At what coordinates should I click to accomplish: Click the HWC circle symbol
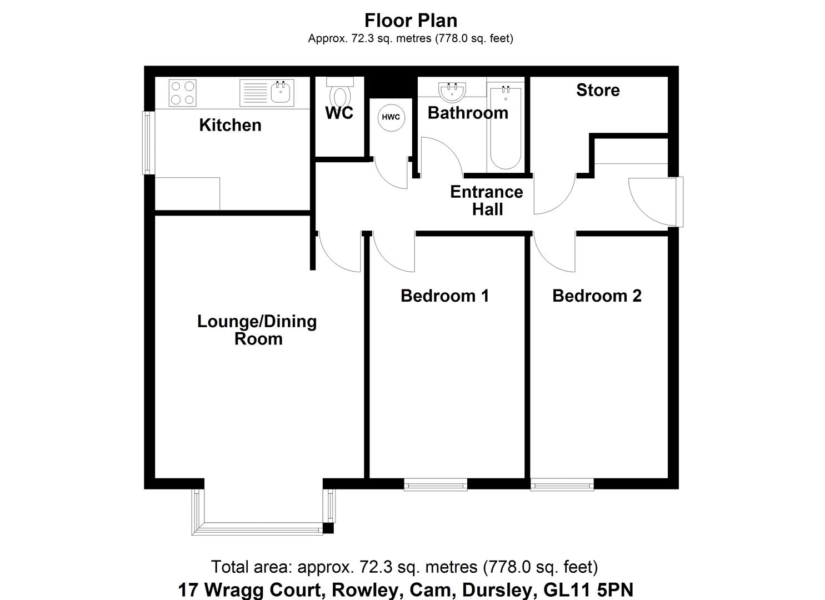pos(391,117)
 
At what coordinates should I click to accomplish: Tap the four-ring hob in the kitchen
pos(183,93)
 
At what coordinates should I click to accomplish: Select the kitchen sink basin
pos(282,93)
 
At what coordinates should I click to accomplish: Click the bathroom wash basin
pos(452,91)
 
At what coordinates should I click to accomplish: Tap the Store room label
pos(598,90)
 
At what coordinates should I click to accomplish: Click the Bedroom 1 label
pos(444,296)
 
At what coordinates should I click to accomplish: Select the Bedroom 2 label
pos(597,296)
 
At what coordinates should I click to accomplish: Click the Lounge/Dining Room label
pos(257,329)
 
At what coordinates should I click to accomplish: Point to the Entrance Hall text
pos(487,201)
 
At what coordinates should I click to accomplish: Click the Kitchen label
pos(230,125)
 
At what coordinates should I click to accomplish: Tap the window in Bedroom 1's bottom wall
pos(436,486)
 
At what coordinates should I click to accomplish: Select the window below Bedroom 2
pos(562,486)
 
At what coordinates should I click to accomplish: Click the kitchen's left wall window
pos(147,142)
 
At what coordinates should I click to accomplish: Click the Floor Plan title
pos(411,21)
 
